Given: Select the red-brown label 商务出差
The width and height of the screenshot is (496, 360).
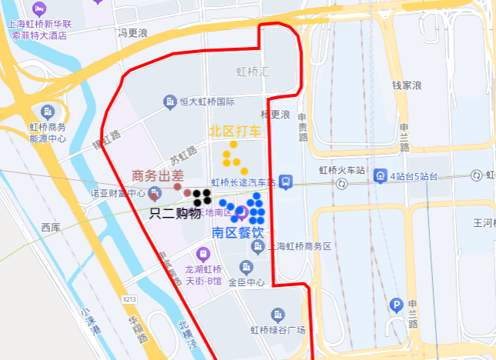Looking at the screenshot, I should click(x=158, y=176).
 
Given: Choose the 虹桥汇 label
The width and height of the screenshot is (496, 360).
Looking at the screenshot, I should click(x=251, y=72).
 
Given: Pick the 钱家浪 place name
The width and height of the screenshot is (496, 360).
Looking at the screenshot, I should click(x=408, y=85).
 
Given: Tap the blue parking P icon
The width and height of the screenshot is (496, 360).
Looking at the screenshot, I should click(x=396, y=305).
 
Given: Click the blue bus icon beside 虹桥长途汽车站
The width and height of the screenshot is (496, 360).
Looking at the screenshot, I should click(x=285, y=182).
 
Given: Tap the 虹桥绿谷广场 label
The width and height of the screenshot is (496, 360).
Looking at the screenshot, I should click(x=278, y=330).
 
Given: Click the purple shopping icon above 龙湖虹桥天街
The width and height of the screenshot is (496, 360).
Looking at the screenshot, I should click(x=203, y=252).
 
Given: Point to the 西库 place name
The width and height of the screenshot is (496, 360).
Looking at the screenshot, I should click(x=51, y=228).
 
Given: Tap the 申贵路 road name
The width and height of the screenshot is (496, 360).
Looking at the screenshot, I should click(x=302, y=126).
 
